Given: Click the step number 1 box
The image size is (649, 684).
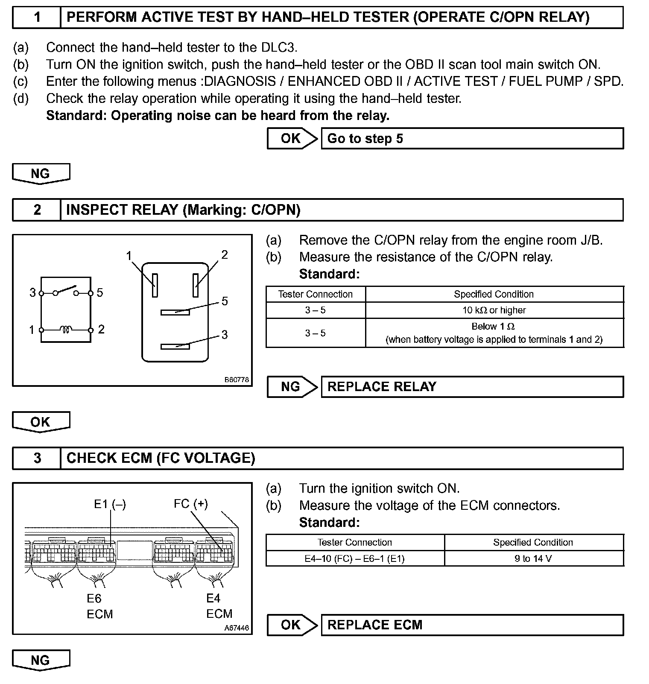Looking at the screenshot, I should point(37,18).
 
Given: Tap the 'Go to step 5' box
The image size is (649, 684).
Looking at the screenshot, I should point(472,139).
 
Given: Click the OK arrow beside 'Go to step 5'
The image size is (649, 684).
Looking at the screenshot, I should point(292,139).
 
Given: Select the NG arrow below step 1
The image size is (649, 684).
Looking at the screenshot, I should point(41,174).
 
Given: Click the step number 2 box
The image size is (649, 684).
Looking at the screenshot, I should point(37,210).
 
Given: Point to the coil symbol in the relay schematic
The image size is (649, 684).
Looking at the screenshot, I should point(66,330).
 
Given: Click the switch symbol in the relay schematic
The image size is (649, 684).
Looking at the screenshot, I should point(66,290).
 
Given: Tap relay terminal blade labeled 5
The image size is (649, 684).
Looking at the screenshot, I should point(175,312).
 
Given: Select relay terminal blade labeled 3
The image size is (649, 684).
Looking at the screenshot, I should point(175,346).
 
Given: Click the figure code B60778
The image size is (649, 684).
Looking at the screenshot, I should point(237,380).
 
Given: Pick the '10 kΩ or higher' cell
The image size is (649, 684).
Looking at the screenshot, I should point(494,310).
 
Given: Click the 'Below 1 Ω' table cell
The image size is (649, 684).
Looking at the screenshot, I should point(494,333).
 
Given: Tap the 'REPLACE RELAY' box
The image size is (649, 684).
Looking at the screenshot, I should point(472,387).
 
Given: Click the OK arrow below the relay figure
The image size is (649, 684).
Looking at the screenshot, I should point(41,422).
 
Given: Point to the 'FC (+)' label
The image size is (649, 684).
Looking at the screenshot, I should point(190,504).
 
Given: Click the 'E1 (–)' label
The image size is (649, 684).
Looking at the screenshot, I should point(110,504).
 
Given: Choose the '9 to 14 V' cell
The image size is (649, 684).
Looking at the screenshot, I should point(533,558).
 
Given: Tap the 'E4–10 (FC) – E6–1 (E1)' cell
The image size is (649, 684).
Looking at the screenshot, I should point(355,558).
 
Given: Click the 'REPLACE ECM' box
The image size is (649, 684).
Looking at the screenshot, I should point(472,625).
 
